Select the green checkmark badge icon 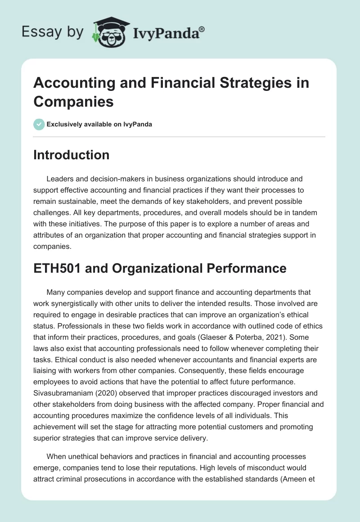coord(39,124)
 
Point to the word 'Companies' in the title coord(73,101)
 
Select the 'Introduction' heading coord(72,155)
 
